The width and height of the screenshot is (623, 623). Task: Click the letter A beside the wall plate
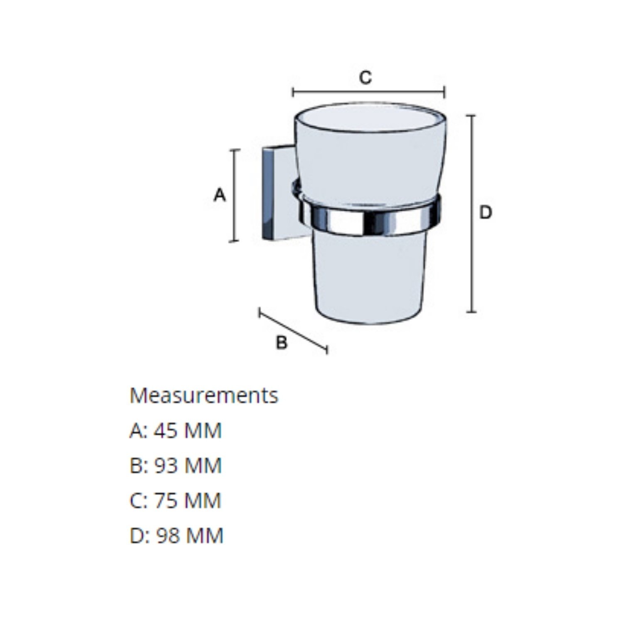point(220,195)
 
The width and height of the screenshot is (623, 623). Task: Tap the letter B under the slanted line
point(282,343)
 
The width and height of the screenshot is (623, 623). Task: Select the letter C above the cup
point(365,77)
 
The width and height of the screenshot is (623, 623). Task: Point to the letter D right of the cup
point(486,213)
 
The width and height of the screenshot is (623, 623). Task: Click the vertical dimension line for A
point(235,195)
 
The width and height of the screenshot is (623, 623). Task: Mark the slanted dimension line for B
point(293,331)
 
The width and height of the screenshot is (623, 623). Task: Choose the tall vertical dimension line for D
point(471,213)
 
